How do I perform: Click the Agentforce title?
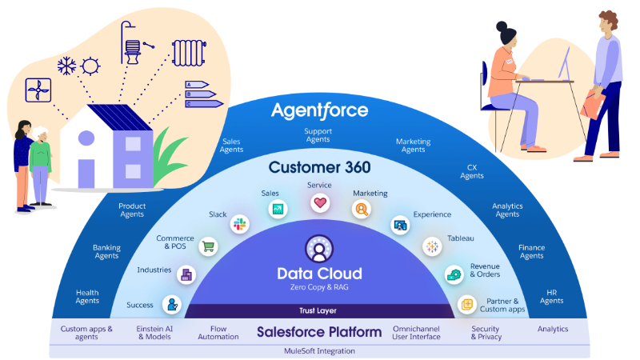319,110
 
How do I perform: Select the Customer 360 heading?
319,167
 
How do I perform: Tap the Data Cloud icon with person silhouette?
319,250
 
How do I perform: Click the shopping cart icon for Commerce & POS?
208,247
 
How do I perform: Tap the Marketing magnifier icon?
362,210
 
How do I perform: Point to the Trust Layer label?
319,311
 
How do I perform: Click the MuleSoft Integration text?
319,350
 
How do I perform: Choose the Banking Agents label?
106,252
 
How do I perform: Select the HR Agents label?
551,296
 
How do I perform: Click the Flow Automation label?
218,333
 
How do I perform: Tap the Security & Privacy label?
486,333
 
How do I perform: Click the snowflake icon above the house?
66,66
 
